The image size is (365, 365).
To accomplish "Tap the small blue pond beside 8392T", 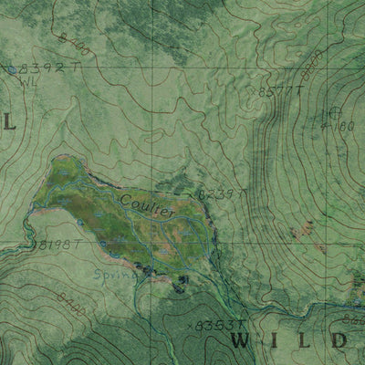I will click(x=11, y=69).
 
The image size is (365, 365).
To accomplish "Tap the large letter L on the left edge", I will click(x=10, y=121).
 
